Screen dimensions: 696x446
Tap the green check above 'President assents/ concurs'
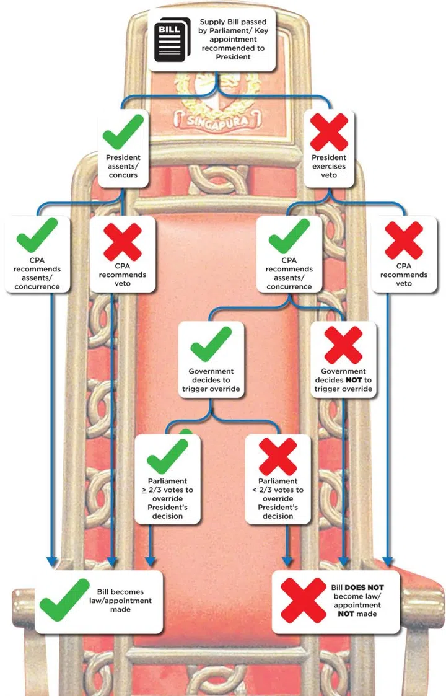pyautogui.click(x=123, y=131)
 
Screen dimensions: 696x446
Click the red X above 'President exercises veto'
pyautogui.click(x=329, y=131)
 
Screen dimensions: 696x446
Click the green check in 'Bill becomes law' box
pyautogui.click(x=64, y=599)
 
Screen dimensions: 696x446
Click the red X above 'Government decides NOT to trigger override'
pyautogui.click(x=343, y=344)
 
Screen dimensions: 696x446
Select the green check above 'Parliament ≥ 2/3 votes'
pyautogui.click(x=167, y=456)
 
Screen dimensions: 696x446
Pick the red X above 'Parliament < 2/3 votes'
pyautogui.click(x=278, y=456)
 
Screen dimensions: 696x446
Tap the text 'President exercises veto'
pyautogui.click(x=329, y=166)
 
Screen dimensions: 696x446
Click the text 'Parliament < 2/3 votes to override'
pyautogui.click(x=278, y=498)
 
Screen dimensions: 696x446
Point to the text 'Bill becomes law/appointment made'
pyautogui.click(x=124, y=601)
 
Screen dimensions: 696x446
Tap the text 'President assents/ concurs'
pyautogui.click(x=123, y=166)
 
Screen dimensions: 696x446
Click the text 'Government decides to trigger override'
pyautogui.click(x=211, y=380)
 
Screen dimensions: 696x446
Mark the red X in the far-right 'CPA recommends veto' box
pyautogui.click(x=404, y=240)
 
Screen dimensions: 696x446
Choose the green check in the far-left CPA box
pyautogui.click(x=37, y=236)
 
